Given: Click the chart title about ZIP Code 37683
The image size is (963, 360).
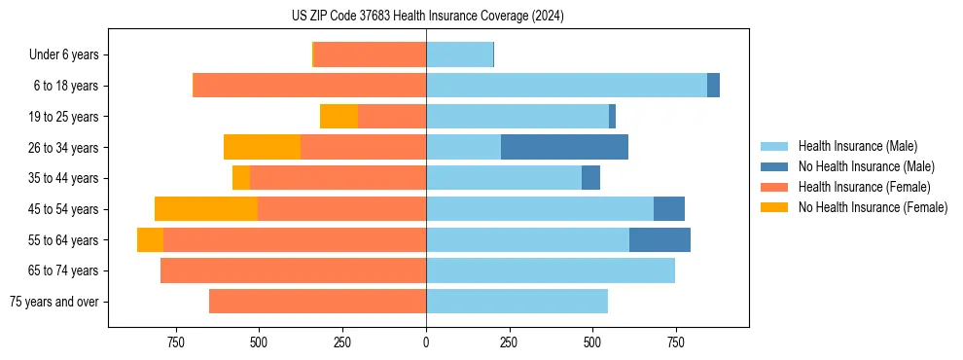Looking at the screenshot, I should point(427,17).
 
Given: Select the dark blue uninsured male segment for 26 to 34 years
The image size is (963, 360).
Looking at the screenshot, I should point(564,147).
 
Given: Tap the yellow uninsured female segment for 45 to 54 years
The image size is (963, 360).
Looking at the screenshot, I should point(206,208).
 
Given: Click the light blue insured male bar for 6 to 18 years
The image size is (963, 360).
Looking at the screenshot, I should point(566,86).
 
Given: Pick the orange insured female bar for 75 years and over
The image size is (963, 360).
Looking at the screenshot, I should point(317,302).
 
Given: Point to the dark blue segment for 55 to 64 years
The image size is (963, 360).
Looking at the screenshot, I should point(660,239).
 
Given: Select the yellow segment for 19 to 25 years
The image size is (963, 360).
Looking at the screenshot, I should point(339,117).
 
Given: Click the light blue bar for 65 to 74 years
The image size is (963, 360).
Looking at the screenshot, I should point(551,270).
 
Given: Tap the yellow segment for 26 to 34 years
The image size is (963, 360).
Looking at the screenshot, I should point(262,147).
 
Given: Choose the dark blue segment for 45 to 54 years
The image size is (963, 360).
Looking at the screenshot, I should point(669,208).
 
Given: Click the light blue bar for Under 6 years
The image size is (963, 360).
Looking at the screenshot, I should point(459,54).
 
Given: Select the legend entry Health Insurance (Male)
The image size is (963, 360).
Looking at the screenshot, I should point(855,146).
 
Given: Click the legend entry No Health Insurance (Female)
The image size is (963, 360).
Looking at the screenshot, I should point(873,207).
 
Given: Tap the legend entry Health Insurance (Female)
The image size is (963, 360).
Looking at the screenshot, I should point(863,187).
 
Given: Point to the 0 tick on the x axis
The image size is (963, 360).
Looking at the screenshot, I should point(426,342).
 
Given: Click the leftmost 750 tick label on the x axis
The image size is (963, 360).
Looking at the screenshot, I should point(175,342).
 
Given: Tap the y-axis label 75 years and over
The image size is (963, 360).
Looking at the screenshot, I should point(53,302).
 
